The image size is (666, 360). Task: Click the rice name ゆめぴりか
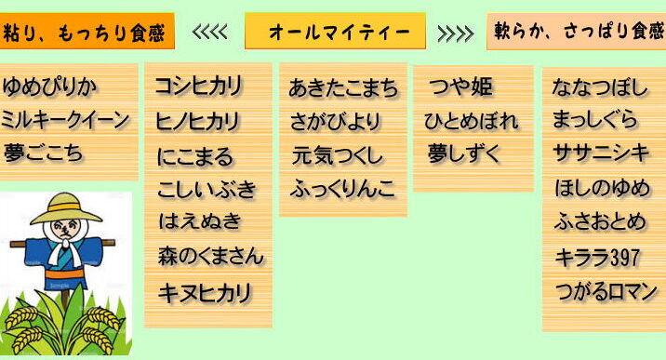coord(49,87)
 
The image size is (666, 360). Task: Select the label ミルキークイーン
coord(64,120)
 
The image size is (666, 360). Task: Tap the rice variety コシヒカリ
coord(198,86)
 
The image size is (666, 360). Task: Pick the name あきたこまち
coord(343,88)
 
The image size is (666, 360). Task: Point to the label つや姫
coord(461,87)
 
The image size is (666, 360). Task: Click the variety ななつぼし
coord(600,87)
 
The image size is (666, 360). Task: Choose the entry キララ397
coord(597,258)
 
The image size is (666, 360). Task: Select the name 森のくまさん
coord(210,256)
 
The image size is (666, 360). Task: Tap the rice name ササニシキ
coord(601,153)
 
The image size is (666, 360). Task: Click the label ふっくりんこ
coord(343,190)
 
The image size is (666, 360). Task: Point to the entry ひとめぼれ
coord(471,121)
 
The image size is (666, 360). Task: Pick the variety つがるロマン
coord(606,292)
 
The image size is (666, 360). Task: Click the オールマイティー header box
coord(335,31)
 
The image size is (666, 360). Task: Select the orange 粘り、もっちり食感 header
coord(87,31)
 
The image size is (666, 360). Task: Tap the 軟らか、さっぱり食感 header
coord(577,32)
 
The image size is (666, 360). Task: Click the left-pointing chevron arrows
coord(209,32)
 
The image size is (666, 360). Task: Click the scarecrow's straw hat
coord(66,208)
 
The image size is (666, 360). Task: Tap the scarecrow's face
coord(65,229)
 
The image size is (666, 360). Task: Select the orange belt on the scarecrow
coord(64,273)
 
